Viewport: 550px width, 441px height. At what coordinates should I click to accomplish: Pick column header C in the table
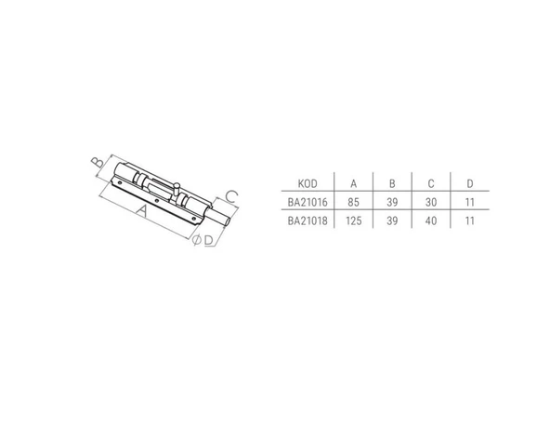click(432, 182)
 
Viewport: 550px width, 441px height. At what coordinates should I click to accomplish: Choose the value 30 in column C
click(432, 202)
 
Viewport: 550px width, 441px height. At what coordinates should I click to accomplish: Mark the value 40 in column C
click(432, 221)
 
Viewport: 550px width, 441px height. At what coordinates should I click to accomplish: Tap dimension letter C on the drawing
click(233, 194)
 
